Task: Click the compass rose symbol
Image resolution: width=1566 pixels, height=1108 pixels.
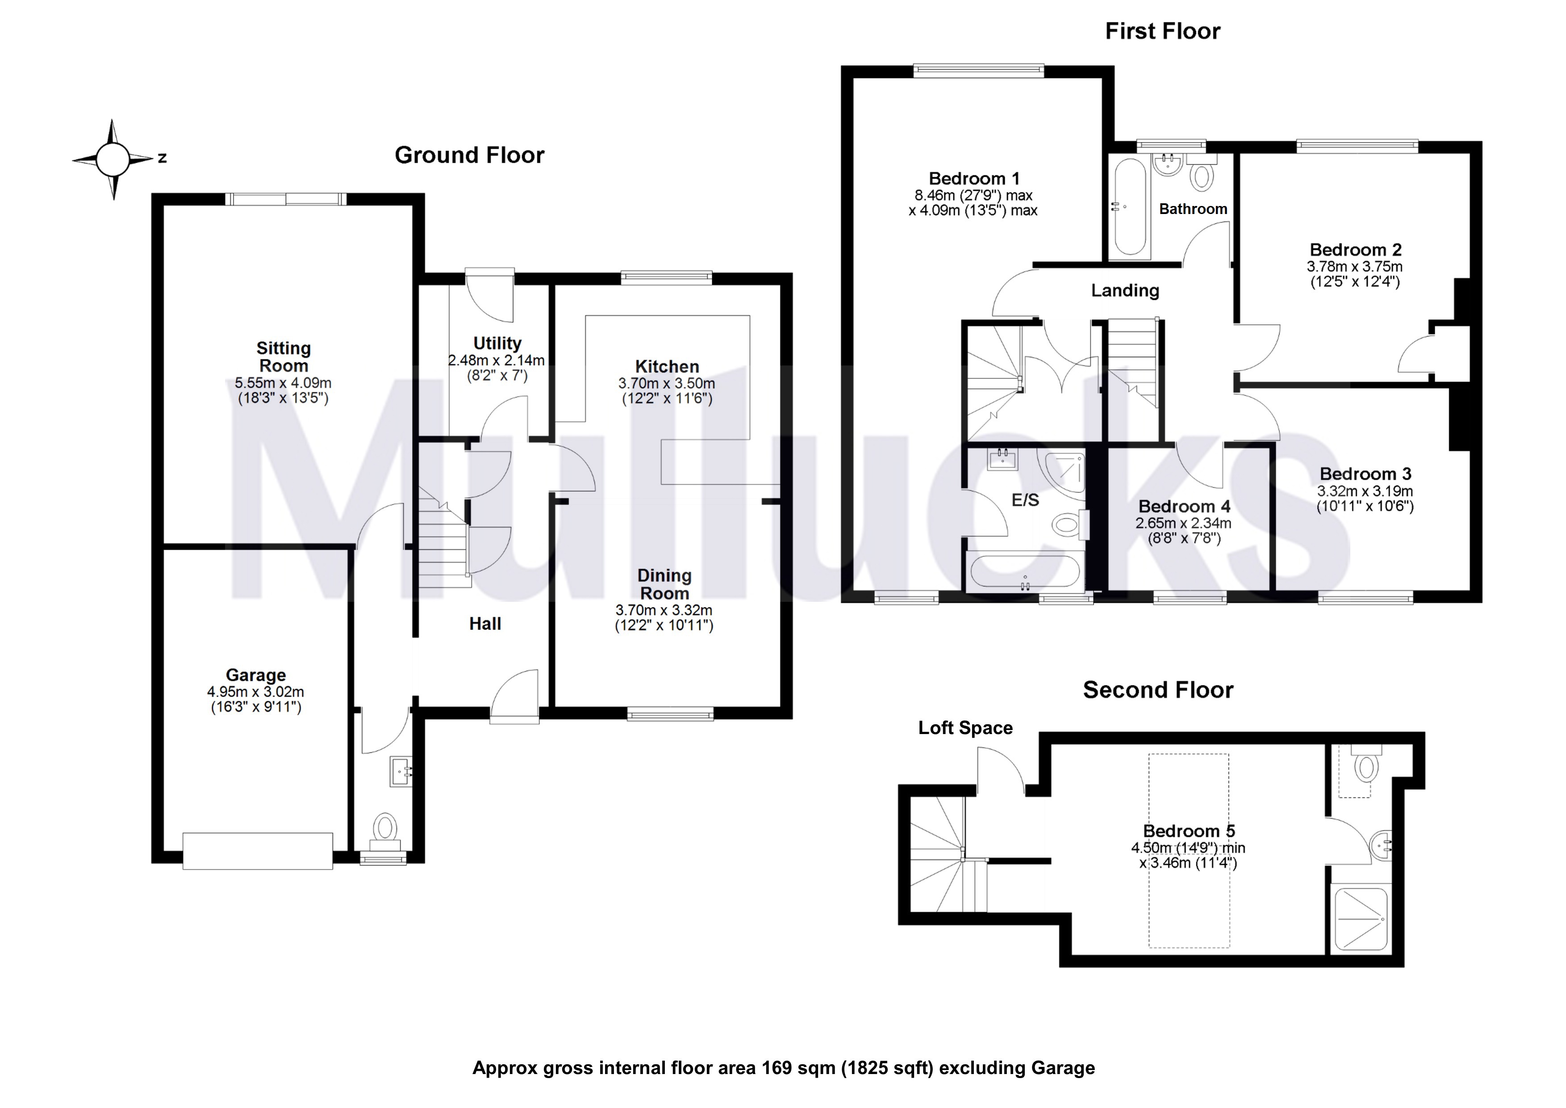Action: tap(113, 159)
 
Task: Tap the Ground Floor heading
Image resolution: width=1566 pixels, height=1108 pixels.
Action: tap(469, 155)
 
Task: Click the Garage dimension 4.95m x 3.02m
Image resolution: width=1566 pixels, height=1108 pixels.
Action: tap(256, 692)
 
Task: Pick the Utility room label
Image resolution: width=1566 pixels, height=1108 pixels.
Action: tap(497, 343)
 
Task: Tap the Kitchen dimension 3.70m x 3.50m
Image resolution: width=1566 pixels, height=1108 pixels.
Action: tap(666, 383)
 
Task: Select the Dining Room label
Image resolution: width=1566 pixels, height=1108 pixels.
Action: tap(664, 584)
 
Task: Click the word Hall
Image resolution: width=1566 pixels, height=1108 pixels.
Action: tap(485, 624)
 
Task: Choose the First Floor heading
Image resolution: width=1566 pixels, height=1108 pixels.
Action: tap(1162, 31)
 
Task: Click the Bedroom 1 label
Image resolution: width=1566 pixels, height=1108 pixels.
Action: tap(974, 179)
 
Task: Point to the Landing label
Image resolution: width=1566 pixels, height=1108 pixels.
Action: tap(1125, 291)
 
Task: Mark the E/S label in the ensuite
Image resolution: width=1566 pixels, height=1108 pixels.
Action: tap(1025, 500)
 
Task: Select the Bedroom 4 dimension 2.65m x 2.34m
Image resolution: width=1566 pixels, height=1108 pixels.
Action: tap(1183, 523)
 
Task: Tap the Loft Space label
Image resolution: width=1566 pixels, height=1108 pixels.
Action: tap(965, 728)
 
